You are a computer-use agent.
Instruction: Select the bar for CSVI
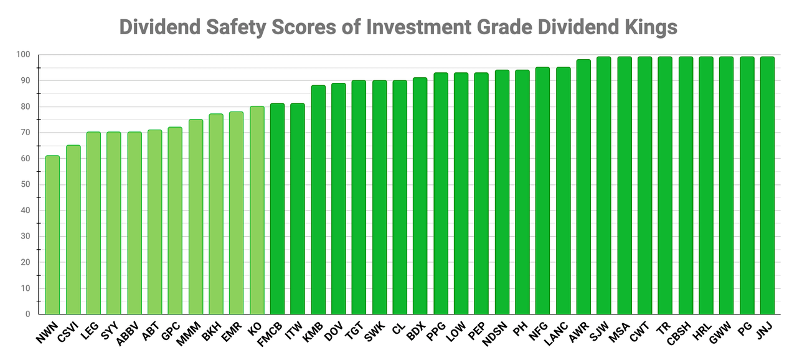coord(73,230)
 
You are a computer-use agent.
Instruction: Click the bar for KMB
coord(318,199)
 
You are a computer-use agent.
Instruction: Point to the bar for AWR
coord(583,187)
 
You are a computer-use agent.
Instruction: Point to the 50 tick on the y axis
coord(25,184)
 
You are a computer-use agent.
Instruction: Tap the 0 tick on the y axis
coord(27,315)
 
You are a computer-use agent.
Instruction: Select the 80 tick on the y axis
coord(25,107)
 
